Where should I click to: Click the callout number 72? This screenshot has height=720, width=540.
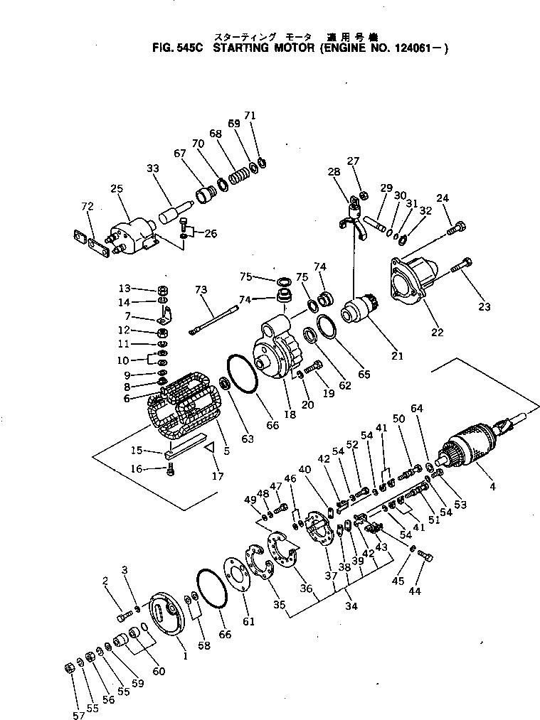click(87, 206)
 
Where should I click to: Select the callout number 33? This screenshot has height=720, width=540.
click(153, 168)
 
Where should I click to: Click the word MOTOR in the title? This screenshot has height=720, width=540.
click(284, 49)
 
